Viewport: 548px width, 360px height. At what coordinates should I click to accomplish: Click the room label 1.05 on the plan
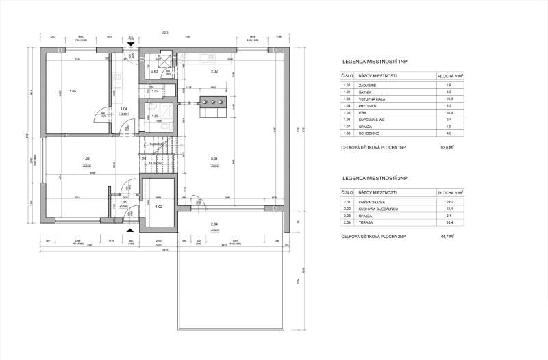[72, 91]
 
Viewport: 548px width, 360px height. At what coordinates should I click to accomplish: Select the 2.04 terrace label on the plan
[214, 225]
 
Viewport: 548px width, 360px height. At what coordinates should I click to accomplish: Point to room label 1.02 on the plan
[158, 206]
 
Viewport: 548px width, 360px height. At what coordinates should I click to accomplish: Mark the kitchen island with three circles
[212, 103]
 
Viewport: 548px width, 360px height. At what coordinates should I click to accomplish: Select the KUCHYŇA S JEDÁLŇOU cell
[377, 209]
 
